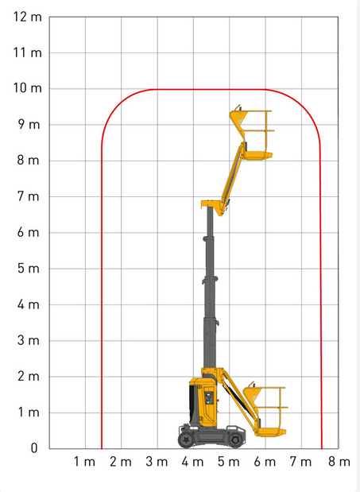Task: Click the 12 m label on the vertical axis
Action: [x=27, y=17]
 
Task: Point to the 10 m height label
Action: [x=27, y=88]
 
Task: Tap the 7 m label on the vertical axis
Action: [x=29, y=196]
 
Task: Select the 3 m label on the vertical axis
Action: [x=29, y=340]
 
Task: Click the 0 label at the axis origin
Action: [x=34, y=448]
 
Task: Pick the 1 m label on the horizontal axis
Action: [x=84, y=462]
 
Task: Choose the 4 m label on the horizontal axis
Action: [x=192, y=462]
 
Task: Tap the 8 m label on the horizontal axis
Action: [x=339, y=462]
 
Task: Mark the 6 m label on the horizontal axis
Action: [x=265, y=462]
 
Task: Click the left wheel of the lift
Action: [x=186, y=440]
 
